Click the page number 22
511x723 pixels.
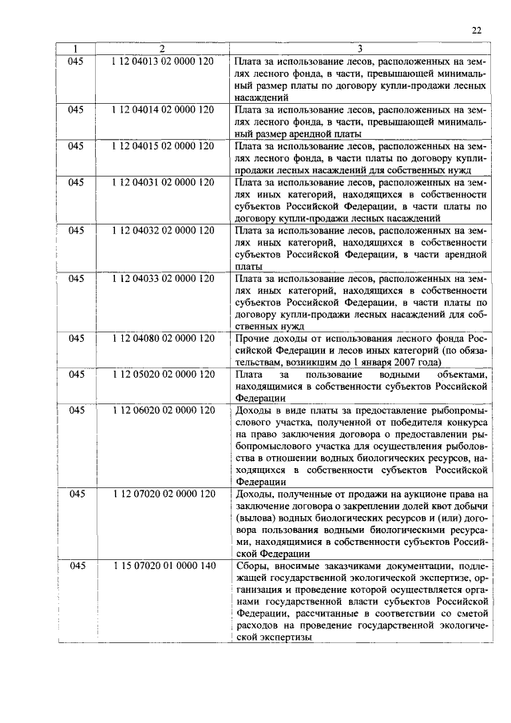[476, 30]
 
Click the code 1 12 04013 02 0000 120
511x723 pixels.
[163, 61]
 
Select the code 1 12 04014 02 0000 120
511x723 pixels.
[163, 108]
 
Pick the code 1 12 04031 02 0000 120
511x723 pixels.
[163, 182]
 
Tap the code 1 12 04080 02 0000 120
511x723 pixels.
[163, 339]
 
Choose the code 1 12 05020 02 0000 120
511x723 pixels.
[163, 374]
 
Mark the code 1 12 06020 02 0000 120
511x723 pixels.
[163, 410]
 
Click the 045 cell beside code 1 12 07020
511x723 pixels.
[76, 495]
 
